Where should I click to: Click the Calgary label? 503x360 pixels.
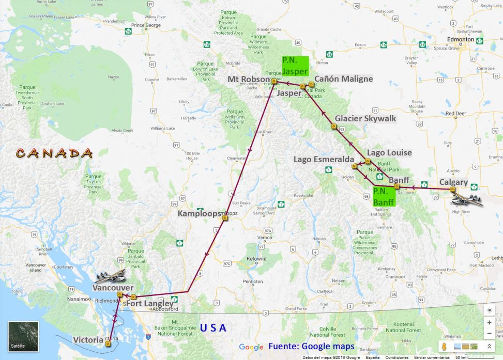coord(453,182)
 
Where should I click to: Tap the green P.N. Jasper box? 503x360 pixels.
coord(295,66)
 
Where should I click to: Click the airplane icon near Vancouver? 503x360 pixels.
coord(111,275)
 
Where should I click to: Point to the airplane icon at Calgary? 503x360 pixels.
coord(467,198)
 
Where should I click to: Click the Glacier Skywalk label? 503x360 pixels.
coord(365,118)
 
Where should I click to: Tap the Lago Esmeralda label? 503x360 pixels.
coord(324,159)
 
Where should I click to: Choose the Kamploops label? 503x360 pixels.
coord(199,213)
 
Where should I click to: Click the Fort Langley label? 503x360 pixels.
coord(149,303)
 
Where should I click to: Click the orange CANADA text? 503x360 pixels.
coord(54,153)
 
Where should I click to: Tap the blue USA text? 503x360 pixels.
coord(213,327)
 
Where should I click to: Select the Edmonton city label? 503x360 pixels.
coord(460,39)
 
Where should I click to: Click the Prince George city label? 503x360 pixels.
coord(146,25)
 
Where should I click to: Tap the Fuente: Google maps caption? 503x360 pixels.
coord(311,346)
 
